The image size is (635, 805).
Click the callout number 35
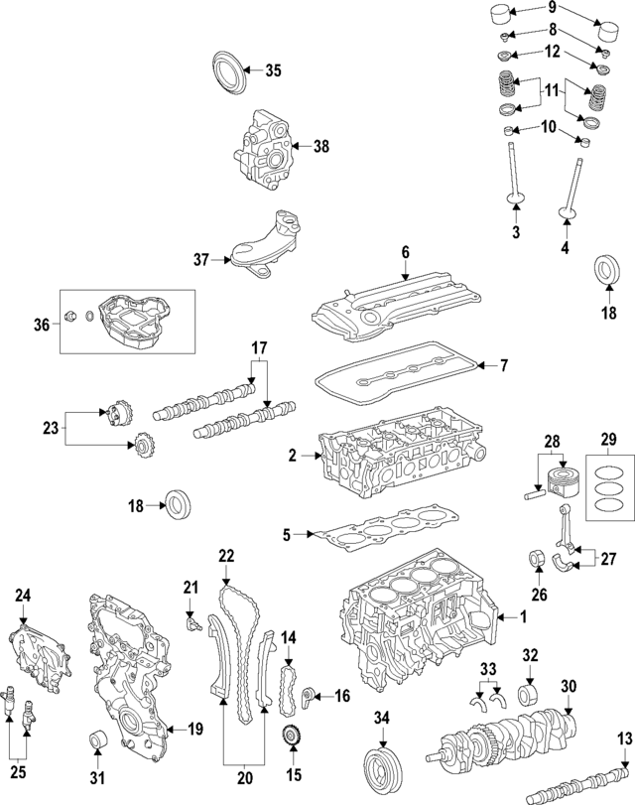[x=273, y=69]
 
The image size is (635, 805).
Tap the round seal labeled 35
[x=227, y=72]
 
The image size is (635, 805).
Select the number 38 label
[x=320, y=146]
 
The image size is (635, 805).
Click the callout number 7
[x=503, y=366]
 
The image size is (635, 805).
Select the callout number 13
[x=623, y=738]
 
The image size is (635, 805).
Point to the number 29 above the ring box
[x=609, y=438]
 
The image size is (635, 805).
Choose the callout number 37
[x=201, y=260]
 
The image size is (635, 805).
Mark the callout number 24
[x=23, y=596]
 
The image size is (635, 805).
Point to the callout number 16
[x=341, y=697]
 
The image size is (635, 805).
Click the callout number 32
[x=530, y=655]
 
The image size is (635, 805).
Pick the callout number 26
[x=540, y=596]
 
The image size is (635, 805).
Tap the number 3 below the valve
[x=516, y=232]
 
